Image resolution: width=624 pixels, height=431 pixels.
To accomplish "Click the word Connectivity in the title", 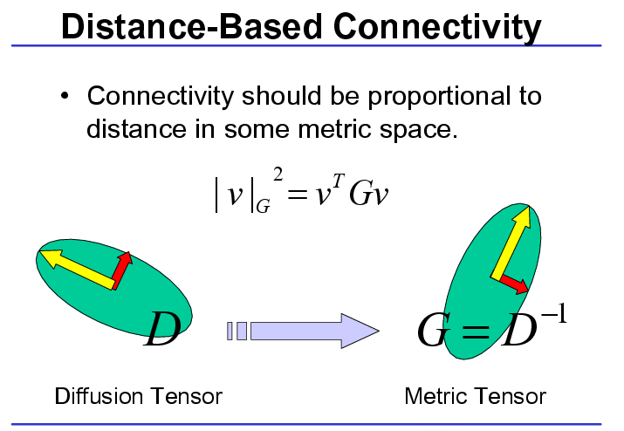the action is point(437,27).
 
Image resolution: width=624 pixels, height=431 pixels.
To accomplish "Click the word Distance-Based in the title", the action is point(191,26).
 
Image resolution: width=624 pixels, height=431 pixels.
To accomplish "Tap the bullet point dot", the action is point(65,96).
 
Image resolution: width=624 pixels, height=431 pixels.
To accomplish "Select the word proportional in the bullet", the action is point(439,97).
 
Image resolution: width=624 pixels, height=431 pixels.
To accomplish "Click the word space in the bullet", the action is point(418,131).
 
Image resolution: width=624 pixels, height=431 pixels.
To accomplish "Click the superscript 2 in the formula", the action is point(278,174).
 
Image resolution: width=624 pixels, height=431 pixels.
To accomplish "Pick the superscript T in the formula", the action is point(339,181).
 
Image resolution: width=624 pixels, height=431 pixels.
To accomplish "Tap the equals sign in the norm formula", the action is point(298,195).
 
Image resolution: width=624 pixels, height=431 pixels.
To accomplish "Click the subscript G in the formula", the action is point(263,206).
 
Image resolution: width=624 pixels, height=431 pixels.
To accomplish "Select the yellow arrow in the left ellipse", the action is point(77,270).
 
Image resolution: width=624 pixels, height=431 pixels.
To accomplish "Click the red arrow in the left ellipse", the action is point(122,270).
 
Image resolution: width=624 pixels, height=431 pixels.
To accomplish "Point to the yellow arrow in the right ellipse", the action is point(511,242).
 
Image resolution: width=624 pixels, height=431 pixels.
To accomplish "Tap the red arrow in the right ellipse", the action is point(514,284).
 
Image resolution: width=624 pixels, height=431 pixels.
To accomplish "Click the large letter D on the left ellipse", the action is point(162,329).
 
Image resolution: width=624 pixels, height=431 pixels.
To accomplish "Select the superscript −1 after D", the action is point(554,314).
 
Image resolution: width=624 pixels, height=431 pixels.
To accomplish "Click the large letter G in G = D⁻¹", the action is point(432,331).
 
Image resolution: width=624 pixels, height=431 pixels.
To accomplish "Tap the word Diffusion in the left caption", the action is point(99,396).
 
